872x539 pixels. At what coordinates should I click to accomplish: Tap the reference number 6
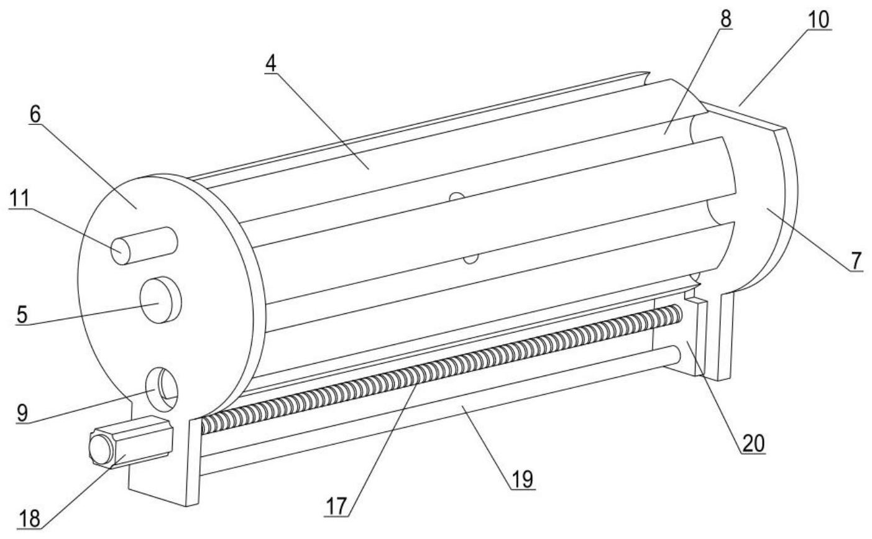(36, 114)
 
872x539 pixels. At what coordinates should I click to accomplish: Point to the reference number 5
(22, 315)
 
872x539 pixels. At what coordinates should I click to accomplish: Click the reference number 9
(22, 413)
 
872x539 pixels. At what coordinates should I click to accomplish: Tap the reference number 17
(335, 506)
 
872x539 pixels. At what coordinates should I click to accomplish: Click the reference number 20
(753, 443)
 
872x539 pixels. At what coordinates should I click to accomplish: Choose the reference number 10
(818, 20)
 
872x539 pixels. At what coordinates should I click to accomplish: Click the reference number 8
(725, 19)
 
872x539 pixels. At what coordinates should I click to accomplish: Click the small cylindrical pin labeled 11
(144, 246)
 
